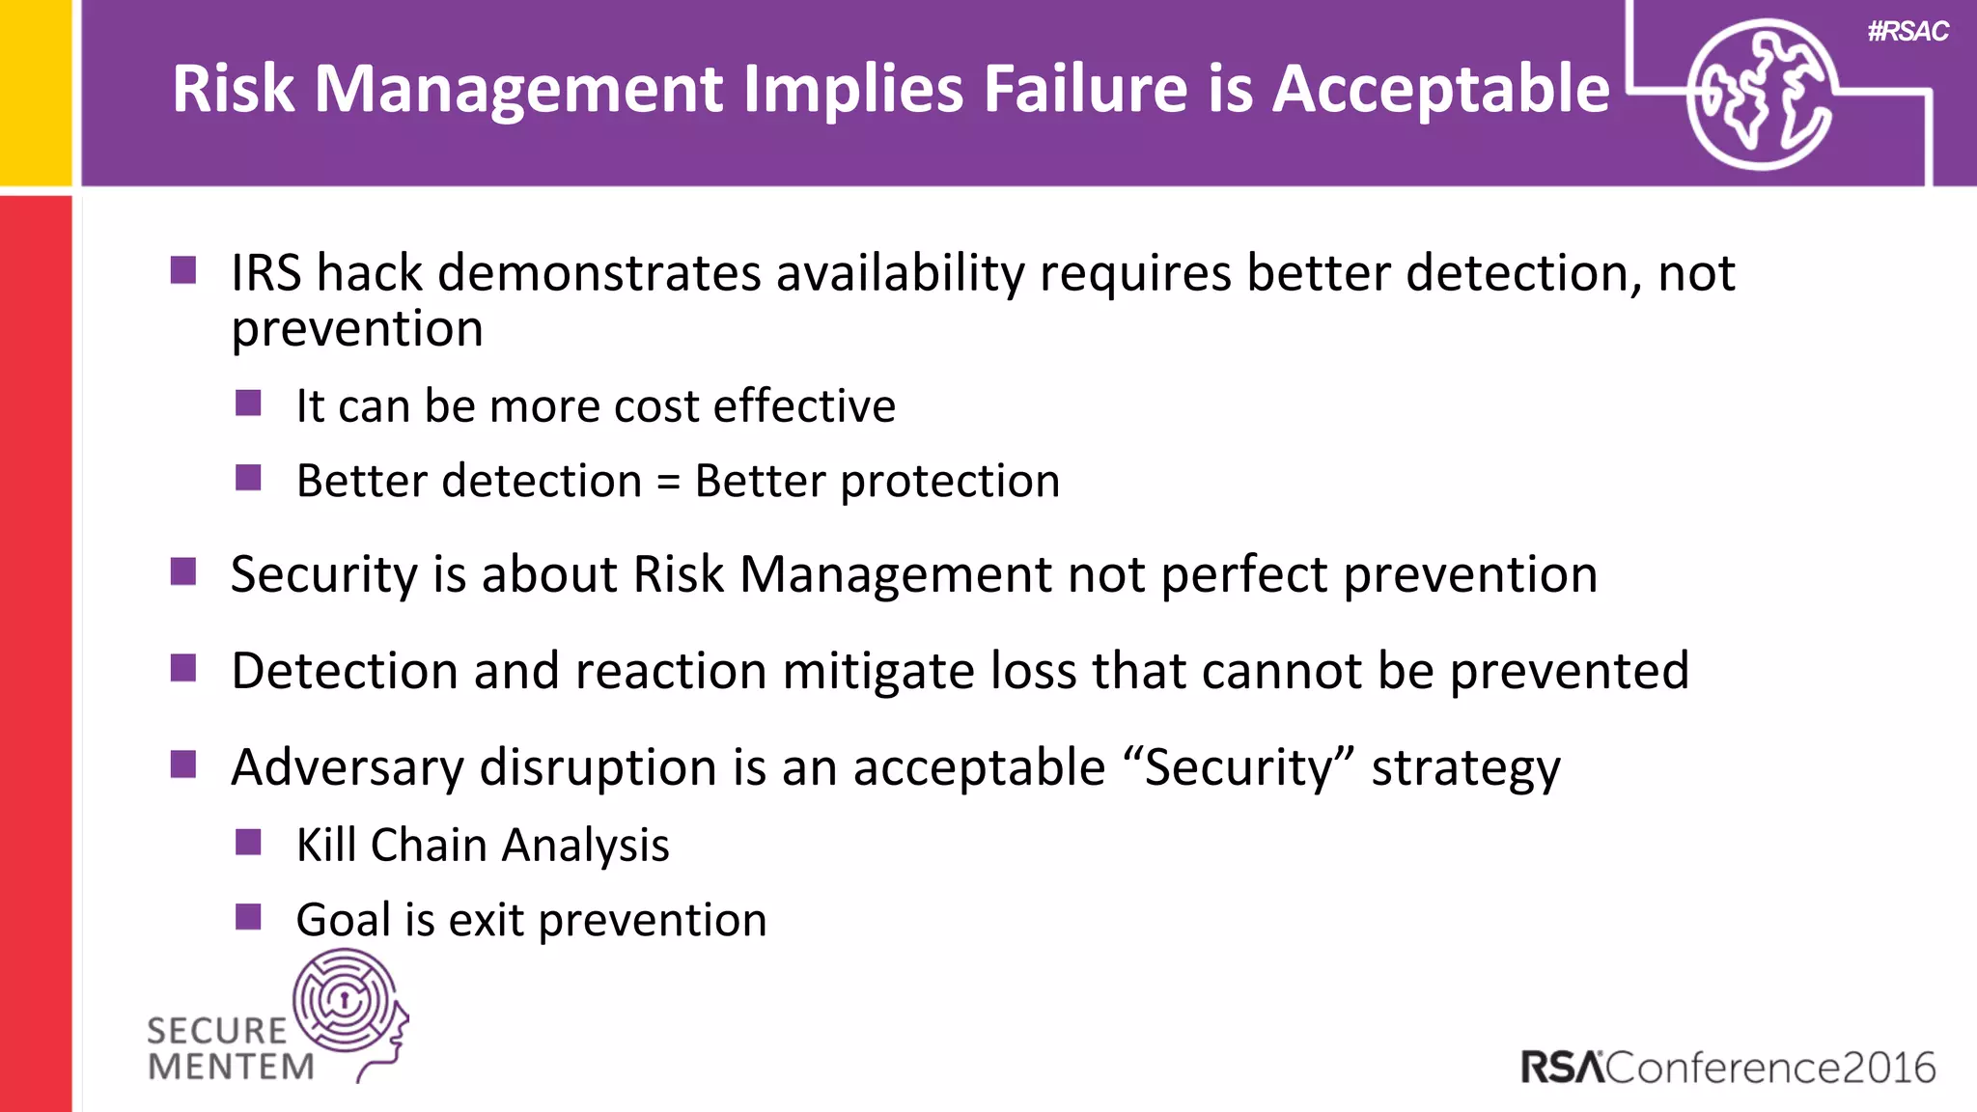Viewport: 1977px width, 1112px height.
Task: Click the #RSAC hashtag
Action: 1907,32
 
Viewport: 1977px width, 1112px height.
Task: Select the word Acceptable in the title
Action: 1441,89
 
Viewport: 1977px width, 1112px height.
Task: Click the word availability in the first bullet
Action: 900,273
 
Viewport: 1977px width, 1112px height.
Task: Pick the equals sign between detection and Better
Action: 668,482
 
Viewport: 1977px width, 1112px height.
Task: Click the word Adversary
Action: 348,768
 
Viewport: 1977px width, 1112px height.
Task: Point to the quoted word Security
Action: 1239,768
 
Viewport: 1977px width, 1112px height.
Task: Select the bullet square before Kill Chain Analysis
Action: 248,843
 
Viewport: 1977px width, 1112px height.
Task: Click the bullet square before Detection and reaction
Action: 183,668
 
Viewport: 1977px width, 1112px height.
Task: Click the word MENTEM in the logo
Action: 232,1068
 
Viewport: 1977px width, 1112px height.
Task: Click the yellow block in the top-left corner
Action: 36,92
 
